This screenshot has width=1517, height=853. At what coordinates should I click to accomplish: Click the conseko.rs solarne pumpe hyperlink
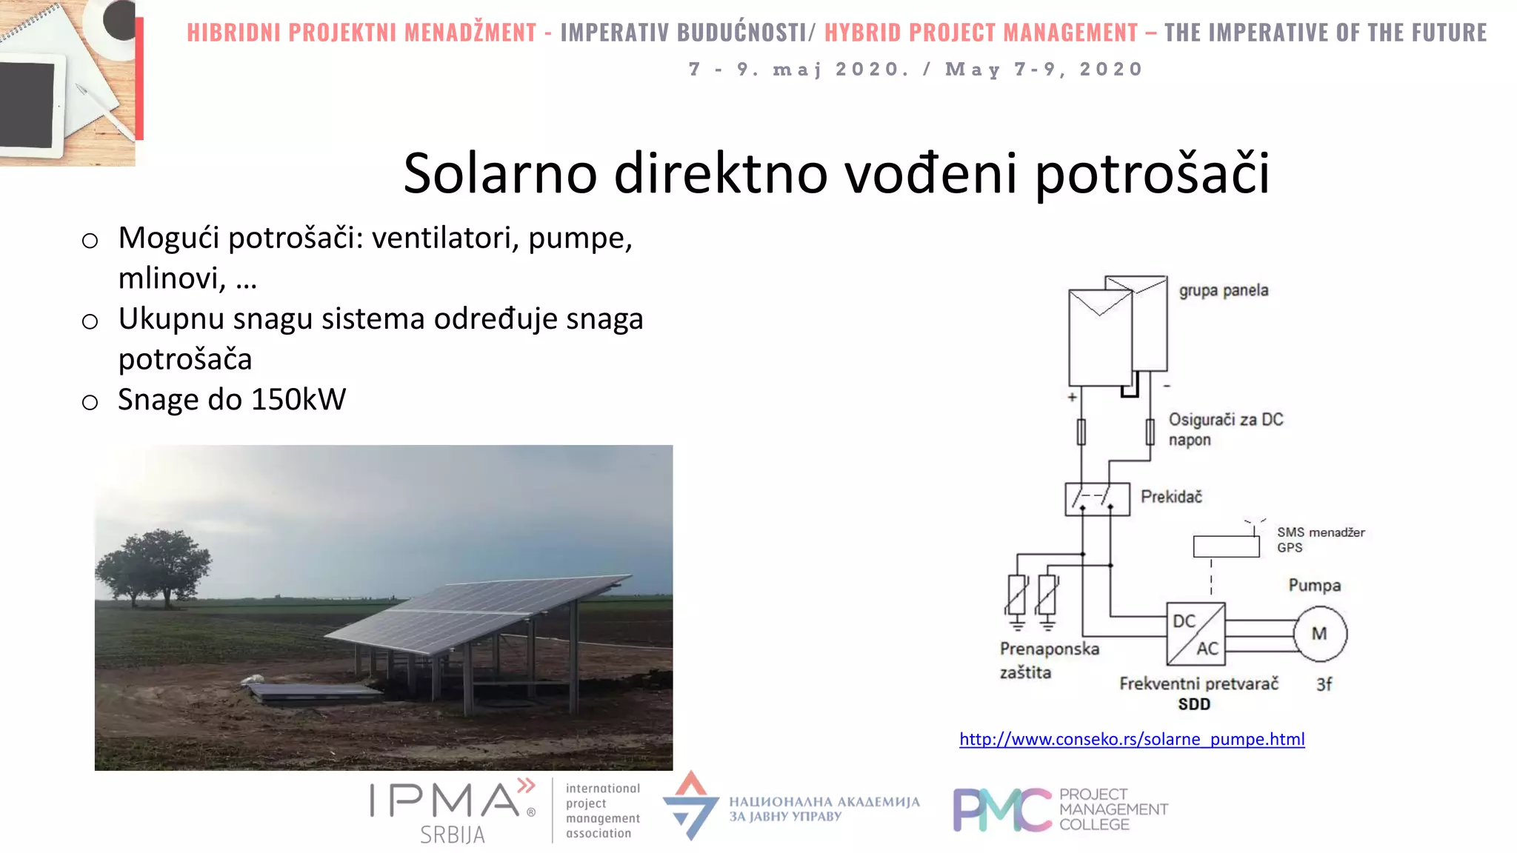coord(1132,739)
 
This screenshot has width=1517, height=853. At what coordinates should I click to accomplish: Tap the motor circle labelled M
coord(1320,634)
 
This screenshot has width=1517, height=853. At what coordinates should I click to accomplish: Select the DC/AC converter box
coord(1196,635)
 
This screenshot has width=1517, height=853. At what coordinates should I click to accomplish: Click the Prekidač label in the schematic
coord(1171,497)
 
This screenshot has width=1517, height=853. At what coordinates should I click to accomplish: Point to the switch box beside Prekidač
coord(1097,499)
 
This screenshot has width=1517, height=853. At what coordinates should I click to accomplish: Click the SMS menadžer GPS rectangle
coord(1226,546)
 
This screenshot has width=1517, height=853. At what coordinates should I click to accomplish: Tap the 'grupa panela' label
coord(1224,290)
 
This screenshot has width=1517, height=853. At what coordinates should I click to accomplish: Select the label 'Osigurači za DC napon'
coord(1225,429)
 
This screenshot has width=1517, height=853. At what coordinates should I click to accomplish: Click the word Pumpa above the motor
coord(1314,586)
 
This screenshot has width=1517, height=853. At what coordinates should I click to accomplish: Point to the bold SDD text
coord(1194,704)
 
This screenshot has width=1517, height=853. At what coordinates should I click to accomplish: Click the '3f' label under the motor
coord(1324,685)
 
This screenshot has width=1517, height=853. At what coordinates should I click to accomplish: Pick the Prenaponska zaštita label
coord(1048,660)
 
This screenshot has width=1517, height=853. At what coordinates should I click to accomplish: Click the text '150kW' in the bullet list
coord(299,400)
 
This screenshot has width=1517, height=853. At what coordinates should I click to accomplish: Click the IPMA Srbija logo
coord(453,811)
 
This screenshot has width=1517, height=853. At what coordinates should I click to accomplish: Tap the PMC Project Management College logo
coord(1060,809)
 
